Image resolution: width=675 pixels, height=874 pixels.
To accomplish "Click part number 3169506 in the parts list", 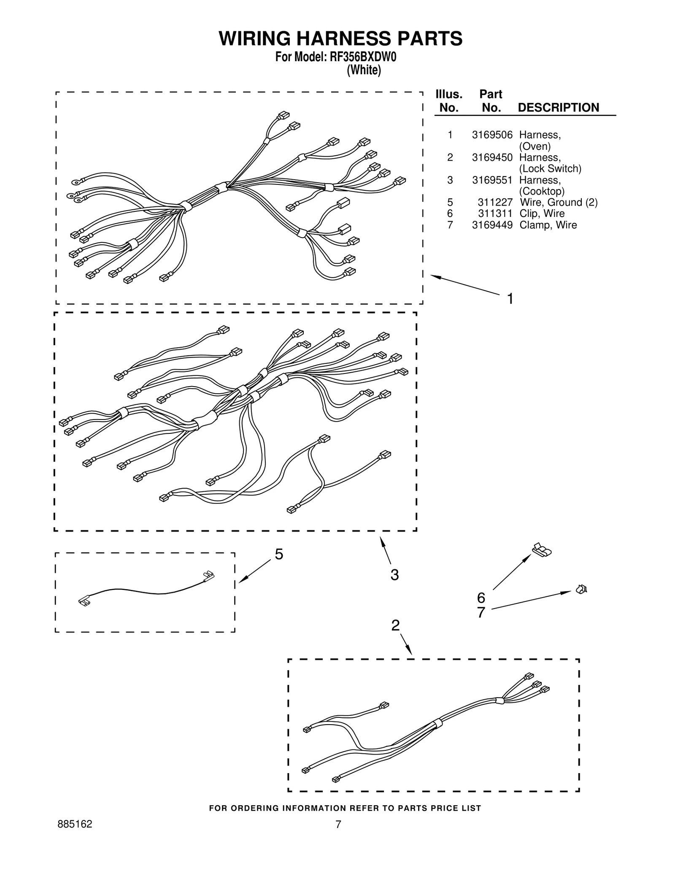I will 492,135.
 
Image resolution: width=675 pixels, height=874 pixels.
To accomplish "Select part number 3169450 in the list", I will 492,157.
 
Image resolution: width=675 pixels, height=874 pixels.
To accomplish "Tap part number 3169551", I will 492,180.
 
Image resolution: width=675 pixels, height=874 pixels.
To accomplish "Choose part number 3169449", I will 492,225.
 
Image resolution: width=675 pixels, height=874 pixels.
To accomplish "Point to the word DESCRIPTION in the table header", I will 558,108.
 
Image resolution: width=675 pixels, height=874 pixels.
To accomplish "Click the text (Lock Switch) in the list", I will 550,169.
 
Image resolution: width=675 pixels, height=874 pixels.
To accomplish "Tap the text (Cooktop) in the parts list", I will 542,191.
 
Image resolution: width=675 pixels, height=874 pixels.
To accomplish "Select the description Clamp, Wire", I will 548,225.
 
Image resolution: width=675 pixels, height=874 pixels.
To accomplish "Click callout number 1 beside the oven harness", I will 510,299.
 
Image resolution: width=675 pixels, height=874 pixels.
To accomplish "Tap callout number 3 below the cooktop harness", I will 394,575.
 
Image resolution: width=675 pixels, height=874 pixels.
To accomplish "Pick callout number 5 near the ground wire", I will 279,554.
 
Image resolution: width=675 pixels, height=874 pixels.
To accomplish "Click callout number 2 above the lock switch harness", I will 395,625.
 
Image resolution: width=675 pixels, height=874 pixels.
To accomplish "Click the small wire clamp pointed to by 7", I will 581,589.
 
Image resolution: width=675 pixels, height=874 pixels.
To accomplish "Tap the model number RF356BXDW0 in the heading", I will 360,57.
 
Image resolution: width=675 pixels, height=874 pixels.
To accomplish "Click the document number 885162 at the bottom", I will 75,824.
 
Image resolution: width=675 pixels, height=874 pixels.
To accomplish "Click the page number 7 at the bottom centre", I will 338,824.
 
